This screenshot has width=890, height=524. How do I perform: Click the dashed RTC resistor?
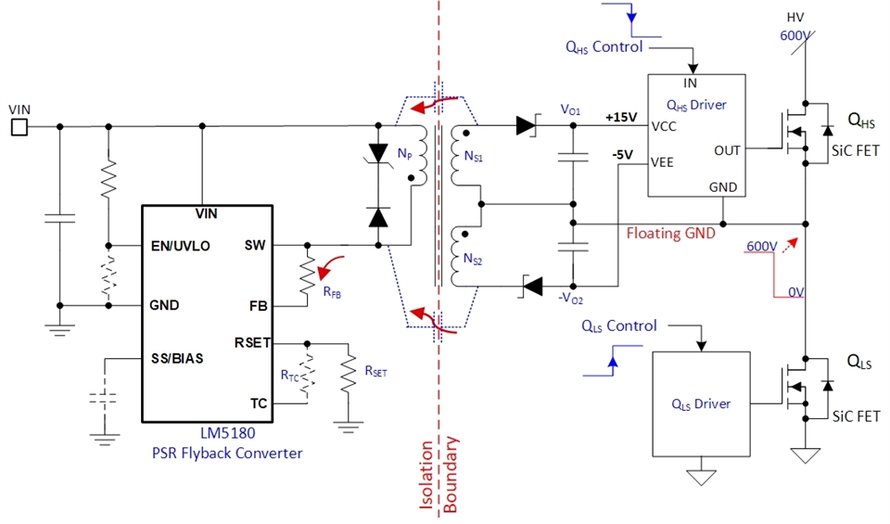[x=307, y=375]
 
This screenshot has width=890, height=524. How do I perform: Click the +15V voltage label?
[x=620, y=117]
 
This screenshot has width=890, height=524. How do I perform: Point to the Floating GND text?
[x=670, y=234]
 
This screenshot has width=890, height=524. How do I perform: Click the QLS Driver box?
[x=700, y=403]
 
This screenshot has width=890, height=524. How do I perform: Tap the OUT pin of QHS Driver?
[x=728, y=149]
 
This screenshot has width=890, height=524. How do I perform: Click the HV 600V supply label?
[x=795, y=27]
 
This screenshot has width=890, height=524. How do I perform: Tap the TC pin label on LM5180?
[x=260, y=403]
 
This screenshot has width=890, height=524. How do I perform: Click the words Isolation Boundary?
[x=439, y=473]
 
